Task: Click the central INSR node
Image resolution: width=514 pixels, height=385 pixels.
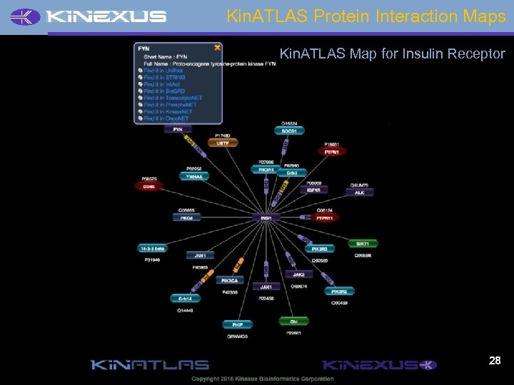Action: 266,217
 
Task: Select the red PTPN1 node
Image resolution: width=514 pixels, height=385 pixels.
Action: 332,152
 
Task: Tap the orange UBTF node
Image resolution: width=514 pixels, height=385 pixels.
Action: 223,143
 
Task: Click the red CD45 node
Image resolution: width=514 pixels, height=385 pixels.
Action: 149,186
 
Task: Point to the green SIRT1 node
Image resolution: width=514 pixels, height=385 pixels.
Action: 363,244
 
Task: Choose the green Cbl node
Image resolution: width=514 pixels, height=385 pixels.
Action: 293,322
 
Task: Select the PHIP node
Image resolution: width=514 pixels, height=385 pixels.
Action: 237,324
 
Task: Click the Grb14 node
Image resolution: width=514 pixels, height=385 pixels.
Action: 185,299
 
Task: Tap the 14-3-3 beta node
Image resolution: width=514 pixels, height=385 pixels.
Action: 152,248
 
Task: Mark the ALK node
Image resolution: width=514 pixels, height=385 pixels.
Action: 360,192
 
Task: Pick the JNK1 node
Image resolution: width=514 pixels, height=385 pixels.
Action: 200,255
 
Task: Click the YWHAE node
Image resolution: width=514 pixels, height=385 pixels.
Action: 193,176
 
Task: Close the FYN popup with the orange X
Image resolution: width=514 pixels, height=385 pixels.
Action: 217,48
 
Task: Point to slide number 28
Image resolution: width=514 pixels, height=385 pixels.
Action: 495,361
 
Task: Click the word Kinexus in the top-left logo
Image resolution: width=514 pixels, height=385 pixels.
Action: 107,16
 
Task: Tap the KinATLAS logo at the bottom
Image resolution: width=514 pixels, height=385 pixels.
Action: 149,365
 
